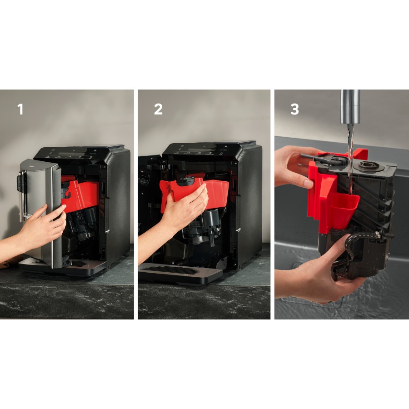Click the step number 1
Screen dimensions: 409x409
(x=20, y=110)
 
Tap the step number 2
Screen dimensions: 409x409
(x=158, y=110)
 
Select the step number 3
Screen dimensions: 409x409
(x=294, y=110)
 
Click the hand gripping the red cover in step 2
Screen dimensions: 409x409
(x=186, y=207)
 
